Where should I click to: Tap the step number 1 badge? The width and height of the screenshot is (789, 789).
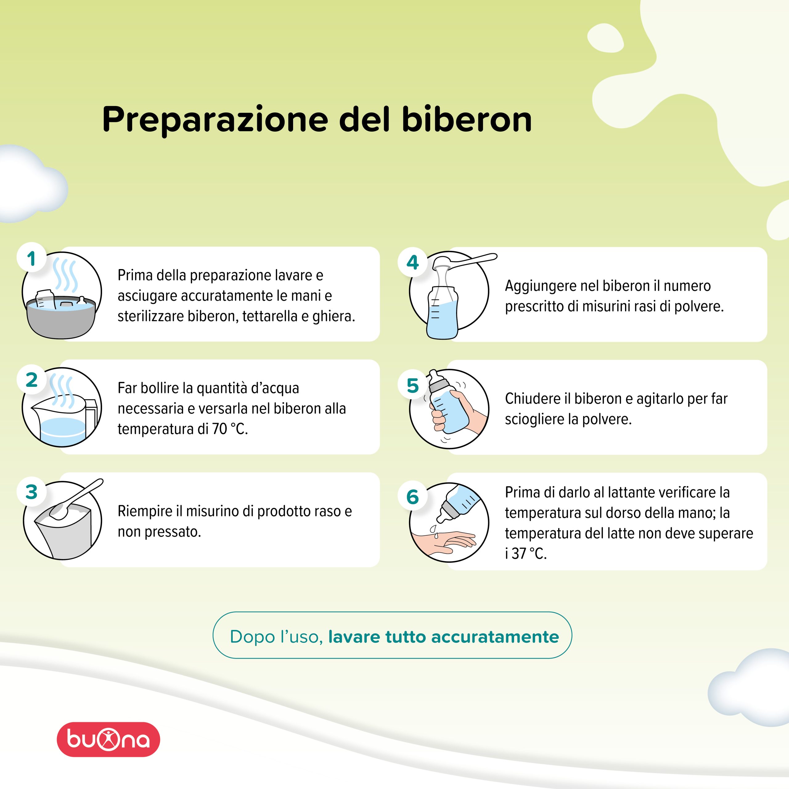31,259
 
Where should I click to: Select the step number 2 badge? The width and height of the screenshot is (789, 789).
31,380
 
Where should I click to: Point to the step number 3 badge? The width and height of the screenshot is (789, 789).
31,492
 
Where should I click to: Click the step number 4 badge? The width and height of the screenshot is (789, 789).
412,262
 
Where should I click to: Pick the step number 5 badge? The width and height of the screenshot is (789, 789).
412,386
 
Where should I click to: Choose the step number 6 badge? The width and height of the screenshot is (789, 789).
412,497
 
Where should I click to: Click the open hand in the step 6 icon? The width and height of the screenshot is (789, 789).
443,542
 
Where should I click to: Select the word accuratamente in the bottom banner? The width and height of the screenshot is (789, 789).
495,637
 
